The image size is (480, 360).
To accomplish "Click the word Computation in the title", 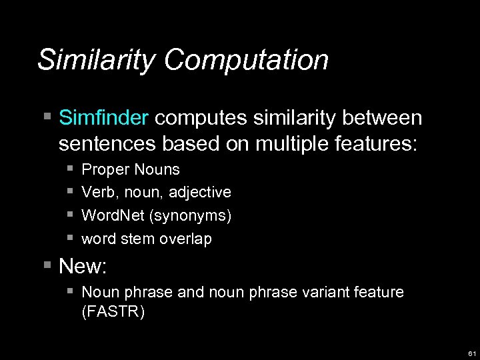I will click(x=247, y=60).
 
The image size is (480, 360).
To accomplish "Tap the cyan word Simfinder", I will click(x=103, y=118).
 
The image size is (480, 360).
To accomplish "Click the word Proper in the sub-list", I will click(x=101, y=170).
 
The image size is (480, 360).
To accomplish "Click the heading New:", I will click(x=83, y=267).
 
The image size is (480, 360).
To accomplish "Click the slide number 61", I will click(x=471, y=353).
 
